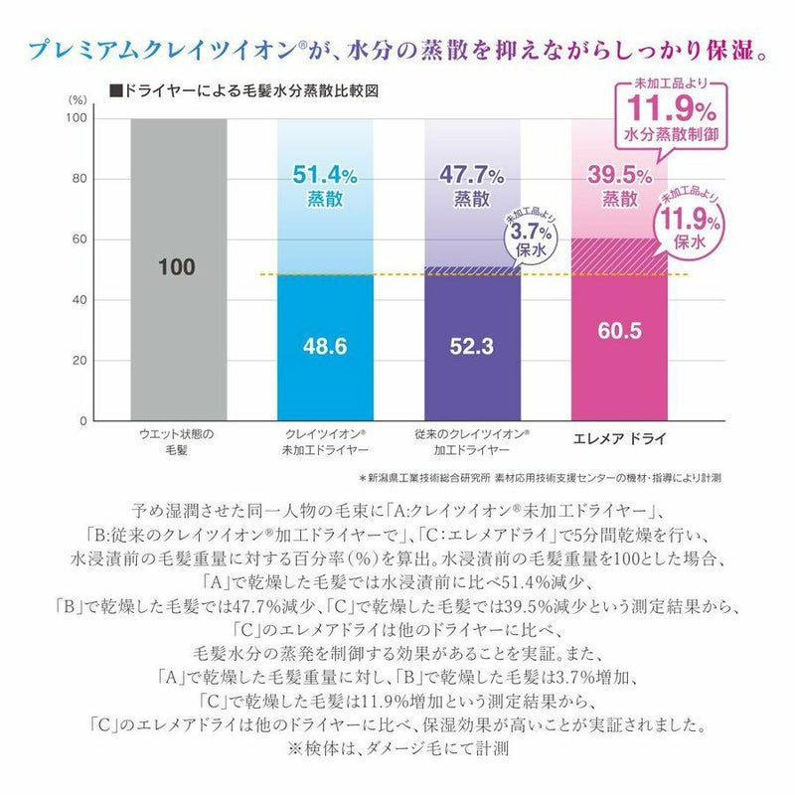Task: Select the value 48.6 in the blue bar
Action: [x=325, y=348]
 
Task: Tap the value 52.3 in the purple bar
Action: [x=472, y=348]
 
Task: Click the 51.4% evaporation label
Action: [x=325, y=185]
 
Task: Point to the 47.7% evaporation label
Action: [x=472, y=185]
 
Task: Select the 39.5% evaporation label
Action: [x=616, y=185]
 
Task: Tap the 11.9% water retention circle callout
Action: [x=685, y=225]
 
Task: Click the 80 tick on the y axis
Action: [x=80, y=179]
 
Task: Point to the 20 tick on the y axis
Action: [x=80, y=361]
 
